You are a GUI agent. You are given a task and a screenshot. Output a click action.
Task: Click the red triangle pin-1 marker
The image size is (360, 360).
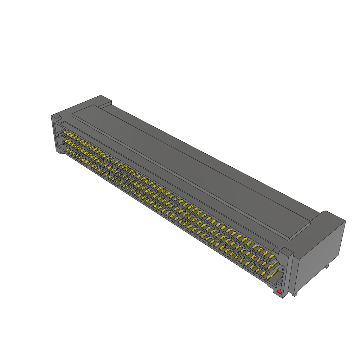tap(279, 291)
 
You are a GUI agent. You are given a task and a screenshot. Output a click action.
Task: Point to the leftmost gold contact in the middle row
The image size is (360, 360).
tap(65, 142)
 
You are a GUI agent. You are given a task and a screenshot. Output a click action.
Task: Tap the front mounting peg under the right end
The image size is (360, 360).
tap(294, 294)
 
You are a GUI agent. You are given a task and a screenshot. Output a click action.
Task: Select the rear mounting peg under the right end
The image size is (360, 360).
tap(327, 266)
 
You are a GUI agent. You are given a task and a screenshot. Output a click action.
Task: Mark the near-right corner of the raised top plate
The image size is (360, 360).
tap(289, 239)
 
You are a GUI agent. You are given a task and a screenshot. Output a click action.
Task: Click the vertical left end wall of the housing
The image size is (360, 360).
tap(54, 135)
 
